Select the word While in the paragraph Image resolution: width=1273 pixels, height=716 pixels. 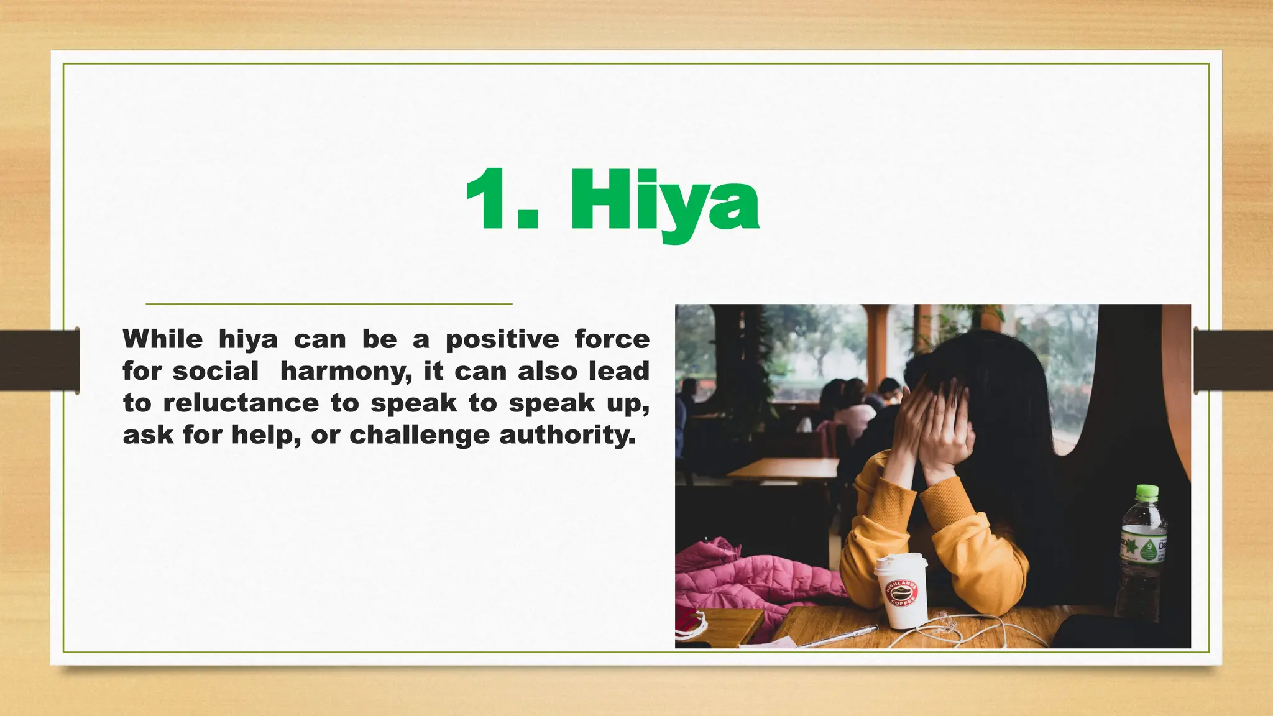(162, 339)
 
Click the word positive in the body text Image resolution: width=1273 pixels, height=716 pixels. (502, 339)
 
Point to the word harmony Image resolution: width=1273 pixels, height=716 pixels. (346, 372)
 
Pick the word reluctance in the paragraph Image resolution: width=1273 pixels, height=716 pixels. (241, 403)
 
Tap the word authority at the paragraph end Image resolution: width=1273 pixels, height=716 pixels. (568, 435)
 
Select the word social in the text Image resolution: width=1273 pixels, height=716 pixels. (215, 372)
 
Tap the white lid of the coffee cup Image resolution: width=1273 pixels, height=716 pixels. (901, 562)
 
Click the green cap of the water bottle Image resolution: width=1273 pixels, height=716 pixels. (1147, 493)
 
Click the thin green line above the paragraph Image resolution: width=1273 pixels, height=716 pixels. (329, 304)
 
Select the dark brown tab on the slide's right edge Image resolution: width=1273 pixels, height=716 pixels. (1233, 360)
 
